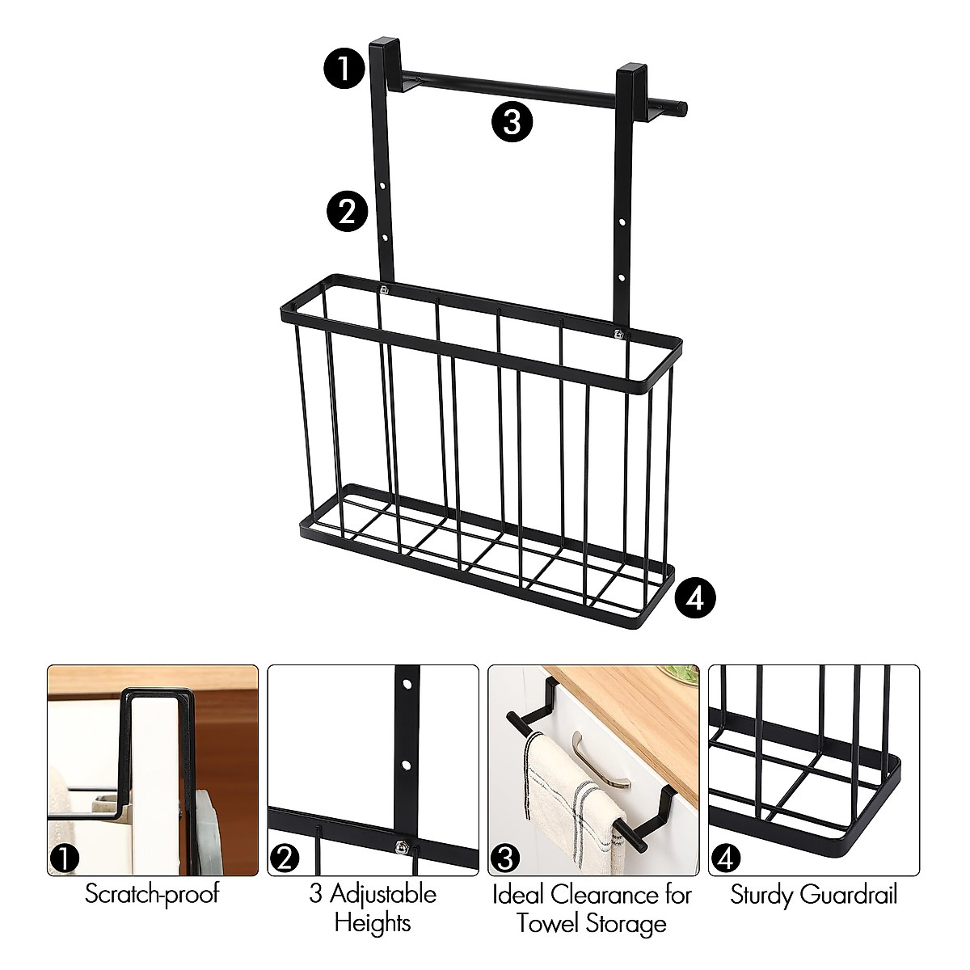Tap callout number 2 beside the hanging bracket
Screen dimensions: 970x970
[x=346, y=212]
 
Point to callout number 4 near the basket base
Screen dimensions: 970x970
[x=695, y=597]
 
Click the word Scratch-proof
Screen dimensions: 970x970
[x=152, y=895]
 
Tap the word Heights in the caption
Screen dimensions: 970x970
[x=373, y=922]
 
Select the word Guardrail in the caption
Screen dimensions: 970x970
[x=848, y=895]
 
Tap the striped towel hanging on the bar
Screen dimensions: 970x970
[x=562, y=800]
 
